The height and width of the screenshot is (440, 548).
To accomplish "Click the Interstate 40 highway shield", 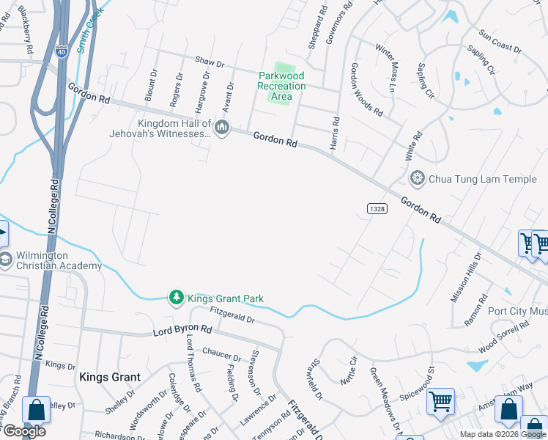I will (x=60, y=51).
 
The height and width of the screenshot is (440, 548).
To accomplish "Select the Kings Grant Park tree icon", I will (x=176, y=298).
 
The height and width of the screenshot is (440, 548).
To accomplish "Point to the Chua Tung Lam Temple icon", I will (x=418, y=178).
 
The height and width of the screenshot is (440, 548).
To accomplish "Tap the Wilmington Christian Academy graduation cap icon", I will (x=5, y=260).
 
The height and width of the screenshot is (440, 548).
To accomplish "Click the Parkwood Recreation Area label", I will (x=281, y=86).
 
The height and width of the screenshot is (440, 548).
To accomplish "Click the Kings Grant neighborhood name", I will (x=109, y=377).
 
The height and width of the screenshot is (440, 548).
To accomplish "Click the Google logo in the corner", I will (x=25, y=431).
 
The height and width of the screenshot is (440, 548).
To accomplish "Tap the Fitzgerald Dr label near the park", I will (x=232, y=316).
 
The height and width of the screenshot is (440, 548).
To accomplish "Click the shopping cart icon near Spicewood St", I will (x=440, y=401).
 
